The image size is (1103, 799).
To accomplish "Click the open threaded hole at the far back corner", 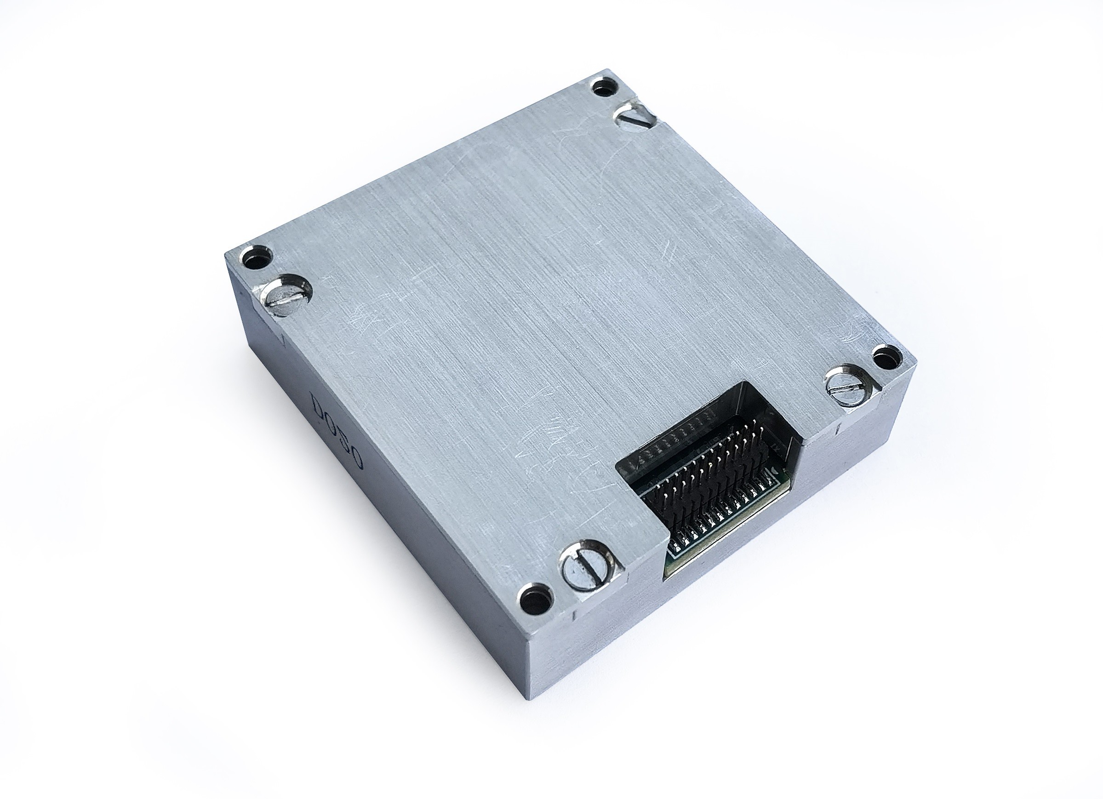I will [x=604, y=89].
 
